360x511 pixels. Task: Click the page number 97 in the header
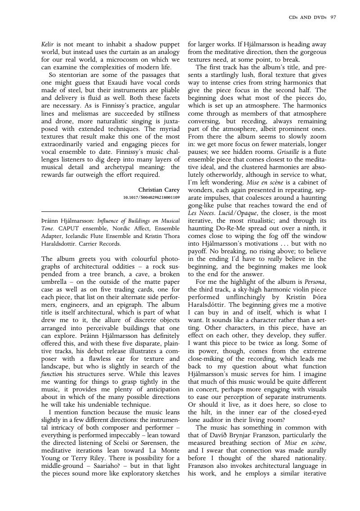[x=333, y=18]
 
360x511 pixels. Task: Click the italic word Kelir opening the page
[x=48, y=45]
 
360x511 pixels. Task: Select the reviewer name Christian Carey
[x=159, y=189]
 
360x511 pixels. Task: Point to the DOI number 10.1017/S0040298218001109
[x=151, y=197]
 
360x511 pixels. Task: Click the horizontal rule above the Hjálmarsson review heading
[x=111, y=211]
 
